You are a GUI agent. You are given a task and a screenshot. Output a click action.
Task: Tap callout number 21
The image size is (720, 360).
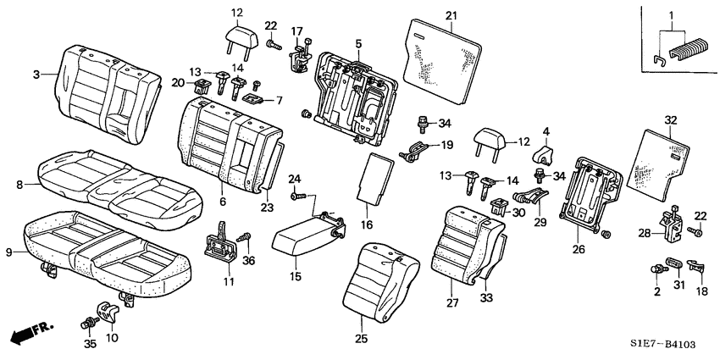[x=451, y=15]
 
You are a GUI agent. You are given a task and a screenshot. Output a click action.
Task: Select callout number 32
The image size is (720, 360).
[x=671, y=120]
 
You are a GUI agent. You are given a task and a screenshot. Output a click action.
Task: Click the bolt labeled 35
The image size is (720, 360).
[x=89, y=324]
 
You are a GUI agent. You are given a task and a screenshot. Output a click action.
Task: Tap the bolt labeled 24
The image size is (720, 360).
[x=297, y=197]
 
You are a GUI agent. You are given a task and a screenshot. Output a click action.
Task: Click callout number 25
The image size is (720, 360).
[x=362, y=340]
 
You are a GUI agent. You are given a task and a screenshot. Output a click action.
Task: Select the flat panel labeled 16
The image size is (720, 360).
[x=376, y=179]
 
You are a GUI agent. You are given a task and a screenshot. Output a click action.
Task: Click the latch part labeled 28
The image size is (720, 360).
[x=673, y=224]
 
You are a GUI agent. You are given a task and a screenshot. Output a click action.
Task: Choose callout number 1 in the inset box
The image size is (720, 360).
[x=671, y=15]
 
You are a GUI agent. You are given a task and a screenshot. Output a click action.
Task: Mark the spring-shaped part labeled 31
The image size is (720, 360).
[x=674, y=264]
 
